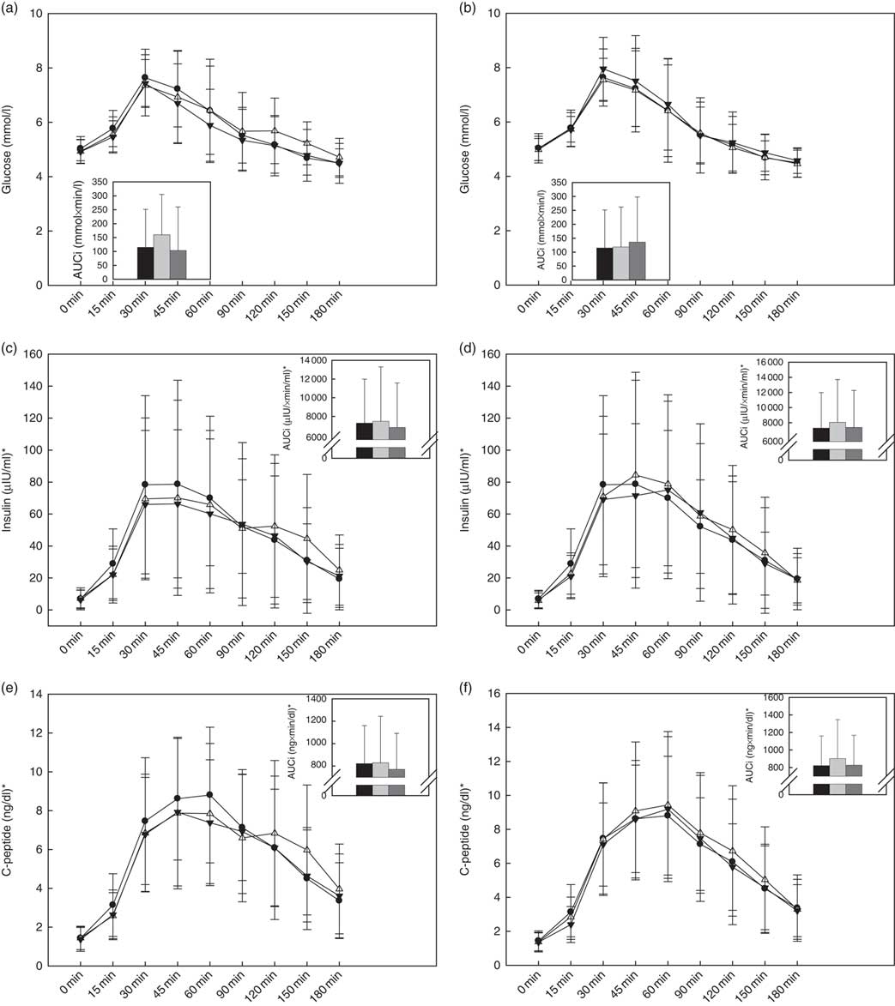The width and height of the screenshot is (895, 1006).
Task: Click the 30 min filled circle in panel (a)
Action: coord(145,77)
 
